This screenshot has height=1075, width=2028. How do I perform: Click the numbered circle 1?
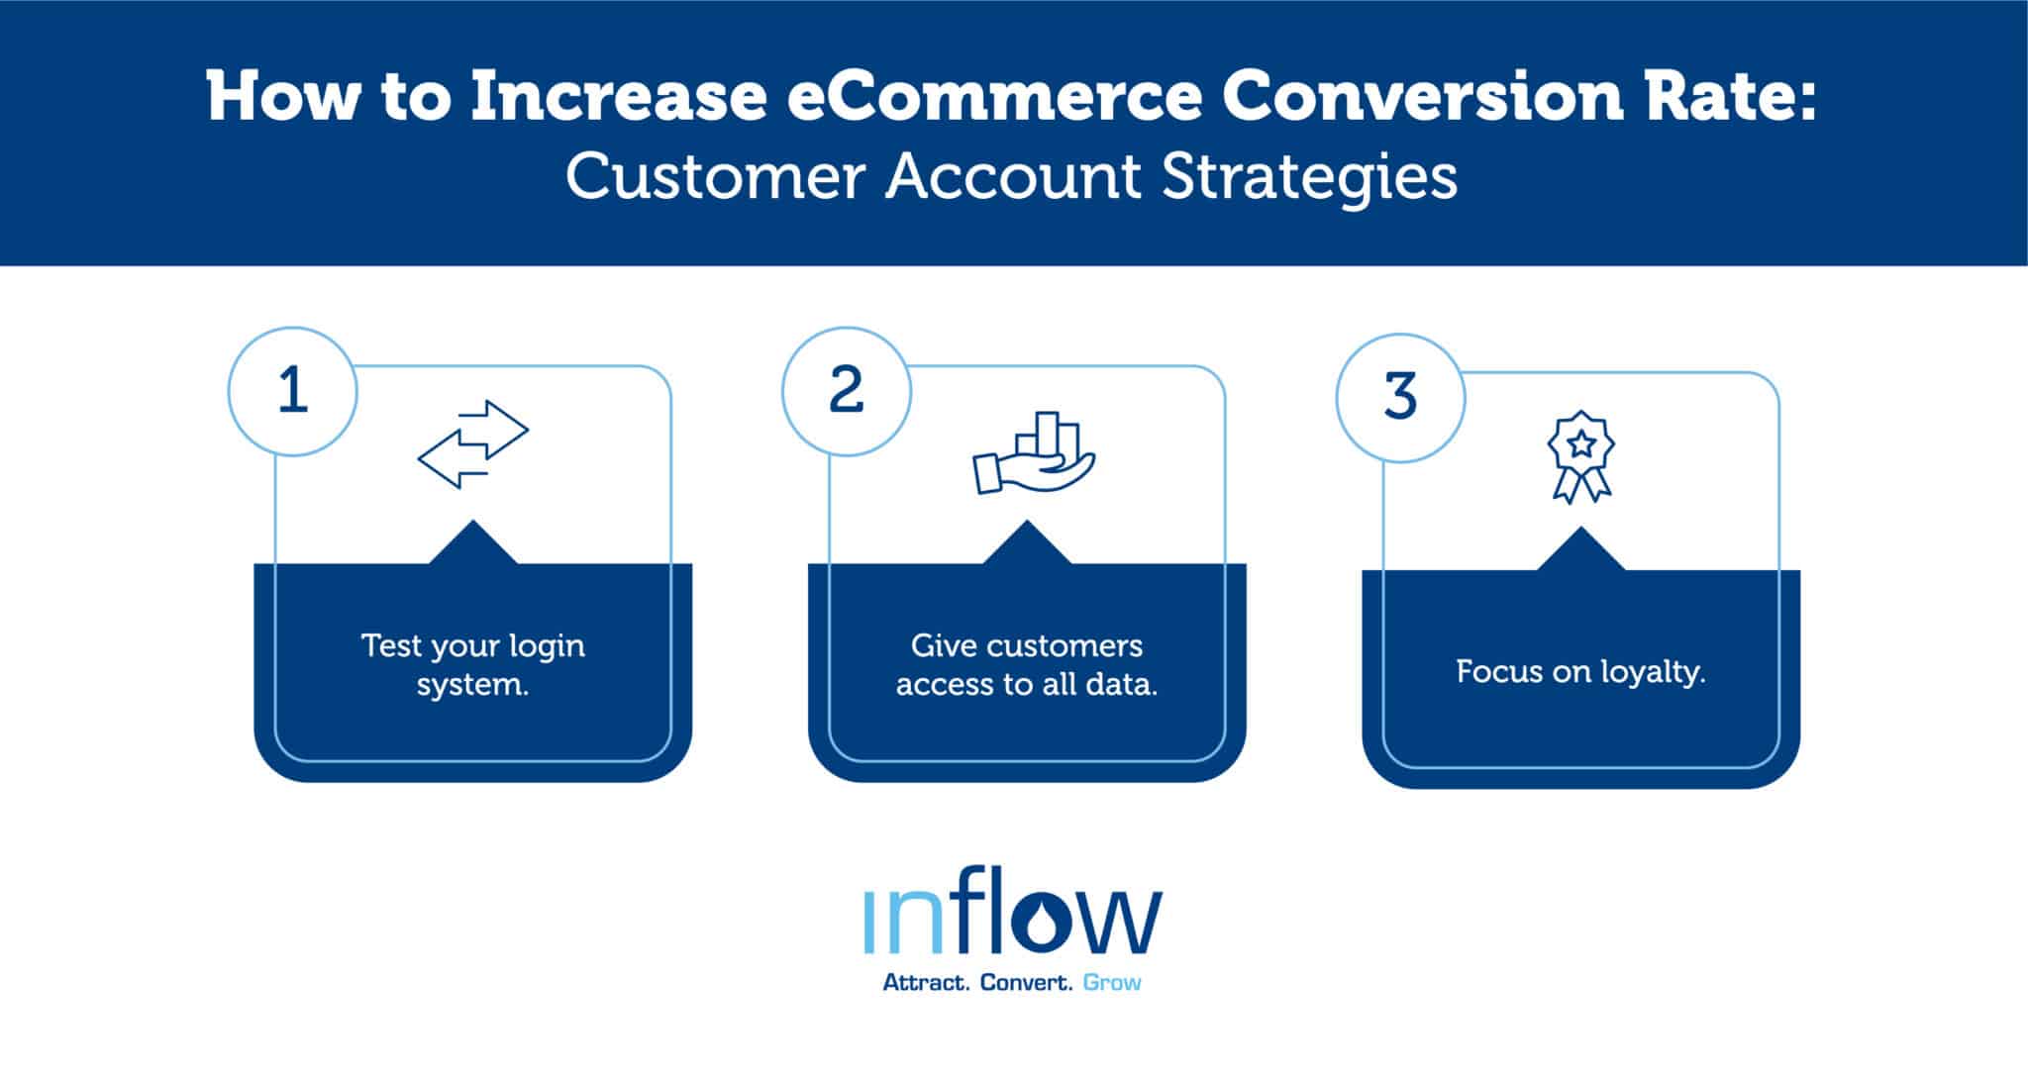click(x=292, y=391)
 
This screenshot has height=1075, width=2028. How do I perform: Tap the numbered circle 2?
click(x=846, y=391)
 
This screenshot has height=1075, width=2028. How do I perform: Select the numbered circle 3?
click(x=1399, y=397)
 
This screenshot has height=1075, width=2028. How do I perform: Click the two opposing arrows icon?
click(x=473, y=444)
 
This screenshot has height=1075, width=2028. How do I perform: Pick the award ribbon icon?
click(x=1581, y=456)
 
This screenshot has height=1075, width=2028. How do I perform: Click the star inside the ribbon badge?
click(x=1581, y=441)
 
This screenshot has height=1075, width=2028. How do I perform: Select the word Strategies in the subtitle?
click(x=1309, y=177)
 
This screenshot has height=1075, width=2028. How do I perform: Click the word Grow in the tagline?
click(x=1112, y=983)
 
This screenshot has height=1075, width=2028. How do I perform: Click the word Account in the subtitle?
click(x=1013, y=177)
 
